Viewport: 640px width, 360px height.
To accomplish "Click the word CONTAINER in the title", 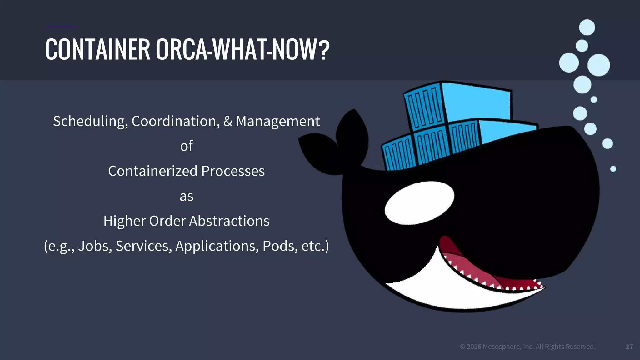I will (97, 49).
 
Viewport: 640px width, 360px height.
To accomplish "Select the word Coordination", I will (175, 121).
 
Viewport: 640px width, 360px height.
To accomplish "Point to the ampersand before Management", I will (228, 121).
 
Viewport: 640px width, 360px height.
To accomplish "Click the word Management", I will (278, 121).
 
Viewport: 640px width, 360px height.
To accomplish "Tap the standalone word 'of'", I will (187, 146).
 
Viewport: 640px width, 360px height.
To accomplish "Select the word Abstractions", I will (229, 221).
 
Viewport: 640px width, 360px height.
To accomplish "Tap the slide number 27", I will (629, 347).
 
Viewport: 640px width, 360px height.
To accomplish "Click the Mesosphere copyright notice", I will (527, 347).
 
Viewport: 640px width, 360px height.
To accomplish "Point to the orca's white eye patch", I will (419, 203).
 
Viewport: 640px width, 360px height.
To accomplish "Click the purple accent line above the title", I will (61, 27).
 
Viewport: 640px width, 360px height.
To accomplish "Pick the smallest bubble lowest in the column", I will (613, 169).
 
